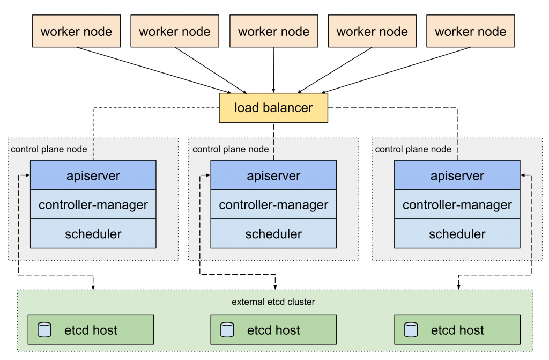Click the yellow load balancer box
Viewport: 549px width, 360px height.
(273, 108)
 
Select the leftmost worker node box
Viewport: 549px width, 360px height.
(76, 31)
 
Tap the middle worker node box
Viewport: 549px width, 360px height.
(274, 31)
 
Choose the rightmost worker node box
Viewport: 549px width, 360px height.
(471, 31)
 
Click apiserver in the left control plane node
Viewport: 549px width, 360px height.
(93, 175)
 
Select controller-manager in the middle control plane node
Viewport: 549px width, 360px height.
(273, 204)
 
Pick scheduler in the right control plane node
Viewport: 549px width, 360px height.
(457, 234)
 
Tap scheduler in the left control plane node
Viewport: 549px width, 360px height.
(93, 234)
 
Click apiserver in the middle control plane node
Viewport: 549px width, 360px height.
(273, 175)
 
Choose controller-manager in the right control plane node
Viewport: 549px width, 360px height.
(457, 204)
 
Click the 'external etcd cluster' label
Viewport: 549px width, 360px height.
(273, 302)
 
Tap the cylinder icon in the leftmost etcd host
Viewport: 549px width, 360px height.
(44, 329)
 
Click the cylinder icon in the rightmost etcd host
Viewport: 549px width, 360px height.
(411, 329)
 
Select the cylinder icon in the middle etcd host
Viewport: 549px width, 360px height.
(227, 329)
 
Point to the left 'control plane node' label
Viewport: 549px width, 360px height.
(49, 149)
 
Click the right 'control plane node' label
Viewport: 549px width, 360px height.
(413, 149)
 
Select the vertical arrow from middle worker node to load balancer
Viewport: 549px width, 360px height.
(274, 70)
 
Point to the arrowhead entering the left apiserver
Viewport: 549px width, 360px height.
(28, 175)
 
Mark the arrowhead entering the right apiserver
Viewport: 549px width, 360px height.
(523, 175)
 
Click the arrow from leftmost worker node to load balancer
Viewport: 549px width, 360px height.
(154, 70)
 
